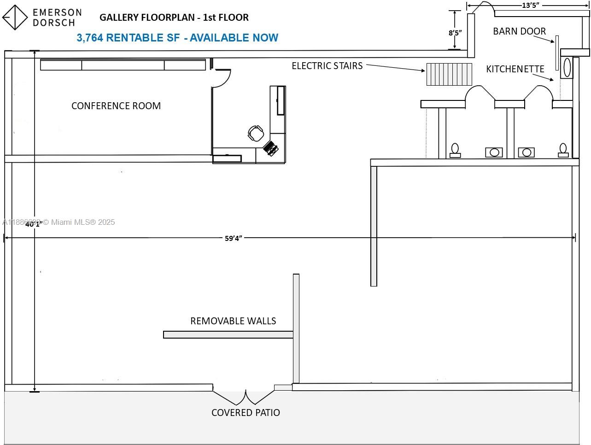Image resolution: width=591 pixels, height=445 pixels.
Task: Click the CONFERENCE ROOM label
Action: tap(116, 106)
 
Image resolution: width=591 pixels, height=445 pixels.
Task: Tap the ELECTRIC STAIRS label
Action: tap(327, 66)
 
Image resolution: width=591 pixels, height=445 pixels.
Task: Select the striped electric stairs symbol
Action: tap(449, 74)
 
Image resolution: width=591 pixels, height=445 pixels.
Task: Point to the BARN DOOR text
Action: tap(519, 31)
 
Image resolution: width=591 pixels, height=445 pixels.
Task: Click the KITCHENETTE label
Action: tap(515, 69)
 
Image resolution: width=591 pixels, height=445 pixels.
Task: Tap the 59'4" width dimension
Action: tap(234, 238)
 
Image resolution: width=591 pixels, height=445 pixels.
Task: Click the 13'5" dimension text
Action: tap(530, 6)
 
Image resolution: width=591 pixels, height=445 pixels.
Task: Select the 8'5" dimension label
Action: tap(455, 33)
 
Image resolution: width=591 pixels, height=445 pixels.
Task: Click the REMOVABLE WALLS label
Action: tap(233, 321)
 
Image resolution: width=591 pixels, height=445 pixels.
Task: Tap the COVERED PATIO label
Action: tap(246, 413)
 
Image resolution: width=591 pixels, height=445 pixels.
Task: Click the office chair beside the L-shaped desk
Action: tap(256, 133)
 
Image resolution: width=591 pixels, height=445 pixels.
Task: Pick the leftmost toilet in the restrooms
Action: tap(455, 150)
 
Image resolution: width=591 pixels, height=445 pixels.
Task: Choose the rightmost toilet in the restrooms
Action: tap(563, 150)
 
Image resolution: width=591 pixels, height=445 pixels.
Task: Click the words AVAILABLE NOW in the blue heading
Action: tap(234, 38)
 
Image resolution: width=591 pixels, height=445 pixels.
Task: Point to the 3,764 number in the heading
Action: tap(90, 38)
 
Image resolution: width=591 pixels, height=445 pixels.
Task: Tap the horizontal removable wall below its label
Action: tap(228, 335)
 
